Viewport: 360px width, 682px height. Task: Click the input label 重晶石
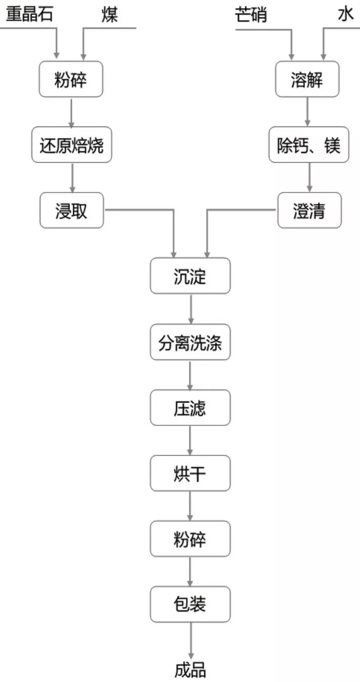click(29, 14)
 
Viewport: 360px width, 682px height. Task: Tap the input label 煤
click(110, 14)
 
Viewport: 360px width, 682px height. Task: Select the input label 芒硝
click(251, 14)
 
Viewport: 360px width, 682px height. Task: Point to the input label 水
click(346, 14)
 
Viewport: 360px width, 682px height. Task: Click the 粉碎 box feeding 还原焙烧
click(71, 79)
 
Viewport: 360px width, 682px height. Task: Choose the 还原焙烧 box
click(71, 145)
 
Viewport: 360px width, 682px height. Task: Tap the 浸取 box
click(71, 210)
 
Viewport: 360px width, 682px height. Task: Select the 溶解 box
click(307, 79)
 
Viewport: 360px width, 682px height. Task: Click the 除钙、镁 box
click(309, 145)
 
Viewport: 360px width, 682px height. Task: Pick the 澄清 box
click(309, 210)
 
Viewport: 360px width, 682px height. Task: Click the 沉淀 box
click(190, 276)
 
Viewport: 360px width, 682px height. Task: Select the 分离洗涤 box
click(190, 342)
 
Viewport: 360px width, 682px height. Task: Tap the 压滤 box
click(190, 408)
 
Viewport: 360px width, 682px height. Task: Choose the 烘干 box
click(190, 473)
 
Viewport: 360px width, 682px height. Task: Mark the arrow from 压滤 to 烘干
click(190, 440)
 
